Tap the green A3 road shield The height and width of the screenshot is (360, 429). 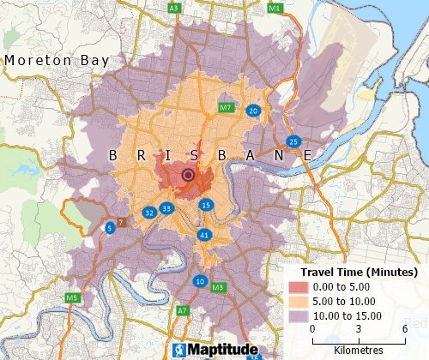point(174,8)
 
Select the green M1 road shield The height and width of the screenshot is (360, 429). point(275,8)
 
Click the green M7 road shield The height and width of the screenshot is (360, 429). point(226,108)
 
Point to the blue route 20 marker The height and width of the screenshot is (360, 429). point(253,111)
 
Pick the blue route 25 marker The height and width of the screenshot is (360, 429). point(293,141)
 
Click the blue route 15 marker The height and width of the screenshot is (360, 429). point(206,205)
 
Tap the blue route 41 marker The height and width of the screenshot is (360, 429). point(203,235)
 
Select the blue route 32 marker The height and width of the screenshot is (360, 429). point(149,212)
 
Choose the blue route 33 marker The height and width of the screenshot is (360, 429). point(166,208)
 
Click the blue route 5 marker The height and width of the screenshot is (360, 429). point(110,228)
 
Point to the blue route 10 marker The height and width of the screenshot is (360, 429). point(200,281)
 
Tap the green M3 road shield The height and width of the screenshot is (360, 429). point(218,287)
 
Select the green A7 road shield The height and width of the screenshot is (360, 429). point(182,310)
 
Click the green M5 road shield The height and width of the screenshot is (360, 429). point(73,297)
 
